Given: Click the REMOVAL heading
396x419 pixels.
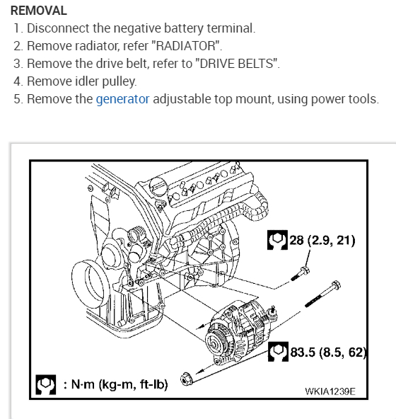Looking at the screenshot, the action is (39, 11).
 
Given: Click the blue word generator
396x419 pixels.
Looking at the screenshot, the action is (122, 99).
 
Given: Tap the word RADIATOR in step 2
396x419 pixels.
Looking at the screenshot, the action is (185, 46).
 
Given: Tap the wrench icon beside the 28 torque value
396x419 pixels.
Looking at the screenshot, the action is (277, 240).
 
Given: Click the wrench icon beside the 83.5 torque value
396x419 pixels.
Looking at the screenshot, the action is (278, 352).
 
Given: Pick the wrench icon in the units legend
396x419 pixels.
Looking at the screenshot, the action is (46, 384).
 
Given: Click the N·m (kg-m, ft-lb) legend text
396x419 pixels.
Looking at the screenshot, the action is (116, 384).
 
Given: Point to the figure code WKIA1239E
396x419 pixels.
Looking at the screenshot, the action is (330, 391).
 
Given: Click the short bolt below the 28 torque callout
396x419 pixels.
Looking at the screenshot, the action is (300, 274).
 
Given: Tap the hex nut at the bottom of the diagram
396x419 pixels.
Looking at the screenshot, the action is (186, 379).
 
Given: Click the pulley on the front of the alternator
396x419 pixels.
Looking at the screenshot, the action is (217, 343).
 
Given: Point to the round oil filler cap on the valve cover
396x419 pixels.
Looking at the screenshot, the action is (158, 186).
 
